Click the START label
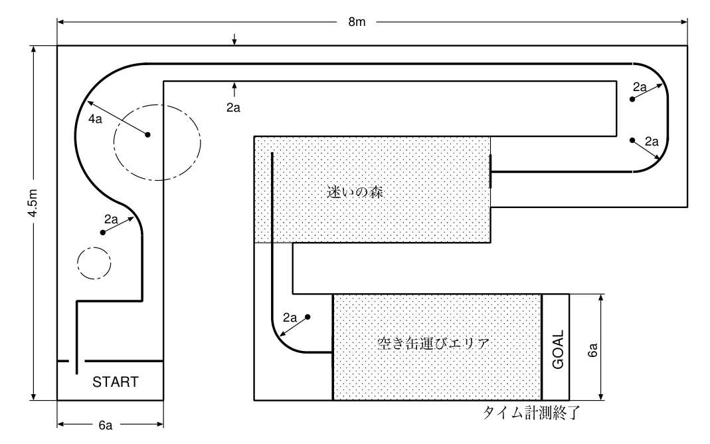point(115,382)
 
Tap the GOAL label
point(558,350)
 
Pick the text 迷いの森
point(356,193)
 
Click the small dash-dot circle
point(92,262)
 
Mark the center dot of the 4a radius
point(148,135)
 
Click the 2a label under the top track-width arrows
point(233,108)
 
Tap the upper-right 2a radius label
point(640,87)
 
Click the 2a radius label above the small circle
point(111,219)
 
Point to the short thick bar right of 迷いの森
point(491,171)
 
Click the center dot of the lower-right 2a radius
point(632,140)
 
